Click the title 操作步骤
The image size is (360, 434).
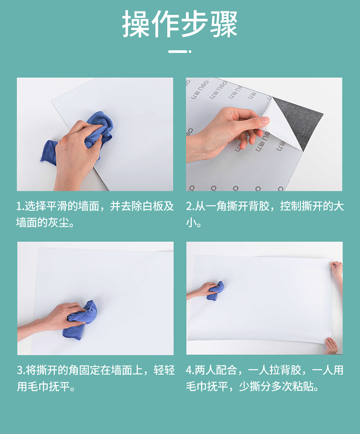coord(180,24)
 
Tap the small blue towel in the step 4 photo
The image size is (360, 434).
coord(216,291)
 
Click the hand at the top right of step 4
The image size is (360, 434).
coord(336,270)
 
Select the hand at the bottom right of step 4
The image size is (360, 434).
coord(332,346)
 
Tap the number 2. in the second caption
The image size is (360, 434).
coord(190,206)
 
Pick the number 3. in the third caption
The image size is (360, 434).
coord(21,370)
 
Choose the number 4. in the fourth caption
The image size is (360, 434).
coord(190,370)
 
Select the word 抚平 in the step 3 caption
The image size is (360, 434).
coord(59,386)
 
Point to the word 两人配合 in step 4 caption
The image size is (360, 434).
coord(216,370)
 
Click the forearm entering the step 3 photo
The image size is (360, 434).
coord(33,329)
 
